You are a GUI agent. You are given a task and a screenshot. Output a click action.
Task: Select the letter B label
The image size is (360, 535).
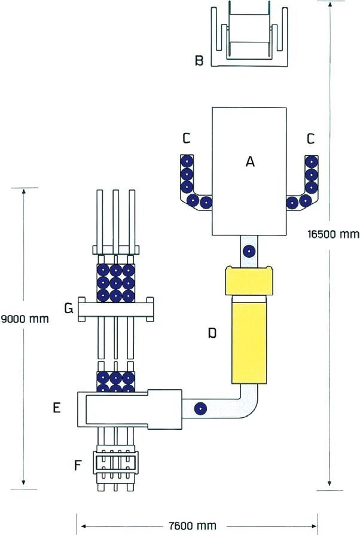(200, 60)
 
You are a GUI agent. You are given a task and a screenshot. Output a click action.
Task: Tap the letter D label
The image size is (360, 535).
(212, 334)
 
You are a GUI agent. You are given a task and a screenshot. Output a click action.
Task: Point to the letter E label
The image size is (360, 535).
(57, 408)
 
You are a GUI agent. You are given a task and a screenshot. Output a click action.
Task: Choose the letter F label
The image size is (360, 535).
(78, 464)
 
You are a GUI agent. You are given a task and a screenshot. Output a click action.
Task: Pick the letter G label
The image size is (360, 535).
(69, 308)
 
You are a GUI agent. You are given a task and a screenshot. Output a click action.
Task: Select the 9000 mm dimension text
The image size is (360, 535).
(25, 319)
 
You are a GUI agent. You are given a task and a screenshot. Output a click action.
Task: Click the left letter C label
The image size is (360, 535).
(187, 139)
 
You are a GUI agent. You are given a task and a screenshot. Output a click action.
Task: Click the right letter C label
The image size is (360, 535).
(310, 139)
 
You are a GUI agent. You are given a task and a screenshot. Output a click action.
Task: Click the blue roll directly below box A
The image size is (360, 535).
(248, 252)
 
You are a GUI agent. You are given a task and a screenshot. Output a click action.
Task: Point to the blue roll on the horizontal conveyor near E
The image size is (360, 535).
(200, 409)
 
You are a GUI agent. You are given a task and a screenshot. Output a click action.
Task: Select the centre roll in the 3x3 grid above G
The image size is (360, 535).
(115, 281)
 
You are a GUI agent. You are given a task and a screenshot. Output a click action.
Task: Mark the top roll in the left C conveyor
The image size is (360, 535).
(187, 161)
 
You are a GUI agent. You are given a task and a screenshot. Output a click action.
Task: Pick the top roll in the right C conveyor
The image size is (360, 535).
(312, 161)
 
